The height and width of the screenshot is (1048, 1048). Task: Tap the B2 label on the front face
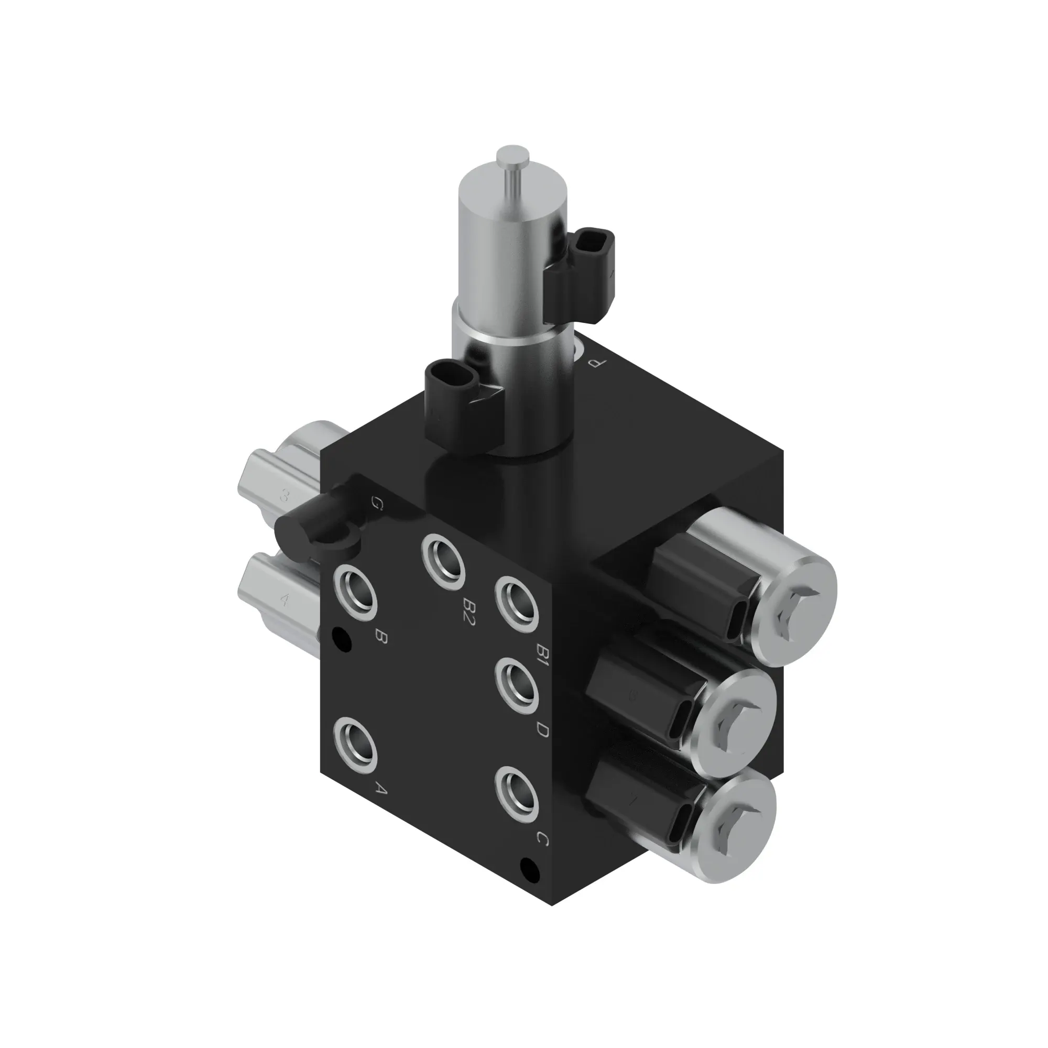point(467,614)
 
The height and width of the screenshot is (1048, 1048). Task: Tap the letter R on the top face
point(599,365)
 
